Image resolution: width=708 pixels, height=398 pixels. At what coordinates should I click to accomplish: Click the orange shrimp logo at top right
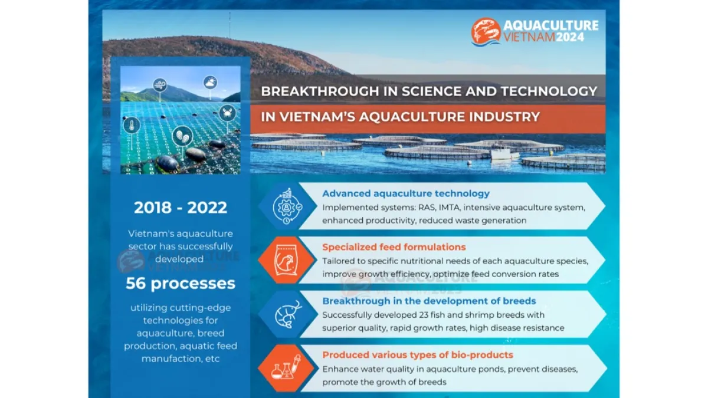[486, 32]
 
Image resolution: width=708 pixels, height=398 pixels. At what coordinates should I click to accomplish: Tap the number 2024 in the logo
[570, 37]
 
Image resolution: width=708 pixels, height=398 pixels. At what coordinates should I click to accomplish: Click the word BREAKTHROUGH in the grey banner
[320, 91]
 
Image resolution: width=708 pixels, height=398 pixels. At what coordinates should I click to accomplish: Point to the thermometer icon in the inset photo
[132, 126]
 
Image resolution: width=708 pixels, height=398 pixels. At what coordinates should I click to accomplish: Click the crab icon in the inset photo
[227, 113]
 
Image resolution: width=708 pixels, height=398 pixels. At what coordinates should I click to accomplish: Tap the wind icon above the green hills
[160, 85]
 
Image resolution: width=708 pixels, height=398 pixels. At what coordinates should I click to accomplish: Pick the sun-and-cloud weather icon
[210, 83]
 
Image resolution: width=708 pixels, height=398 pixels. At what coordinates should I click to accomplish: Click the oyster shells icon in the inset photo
[182, 136]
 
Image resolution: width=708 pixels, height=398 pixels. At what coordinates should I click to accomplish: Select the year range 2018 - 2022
[181, 208]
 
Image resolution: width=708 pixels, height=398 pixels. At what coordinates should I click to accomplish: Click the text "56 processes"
[181, 284]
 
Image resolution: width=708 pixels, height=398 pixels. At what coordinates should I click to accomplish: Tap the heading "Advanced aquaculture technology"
[406, 193]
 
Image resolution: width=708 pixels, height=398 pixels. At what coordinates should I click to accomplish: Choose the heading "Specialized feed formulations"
[394, 247]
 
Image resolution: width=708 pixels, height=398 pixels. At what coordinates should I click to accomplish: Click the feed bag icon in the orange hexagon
[286, 260]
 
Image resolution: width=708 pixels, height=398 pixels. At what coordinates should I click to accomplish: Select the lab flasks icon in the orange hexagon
[286, 368]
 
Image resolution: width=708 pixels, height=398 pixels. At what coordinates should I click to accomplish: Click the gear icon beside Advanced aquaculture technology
[287, 206]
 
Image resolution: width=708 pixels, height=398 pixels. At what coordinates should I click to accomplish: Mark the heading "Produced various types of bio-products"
[418, 355]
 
